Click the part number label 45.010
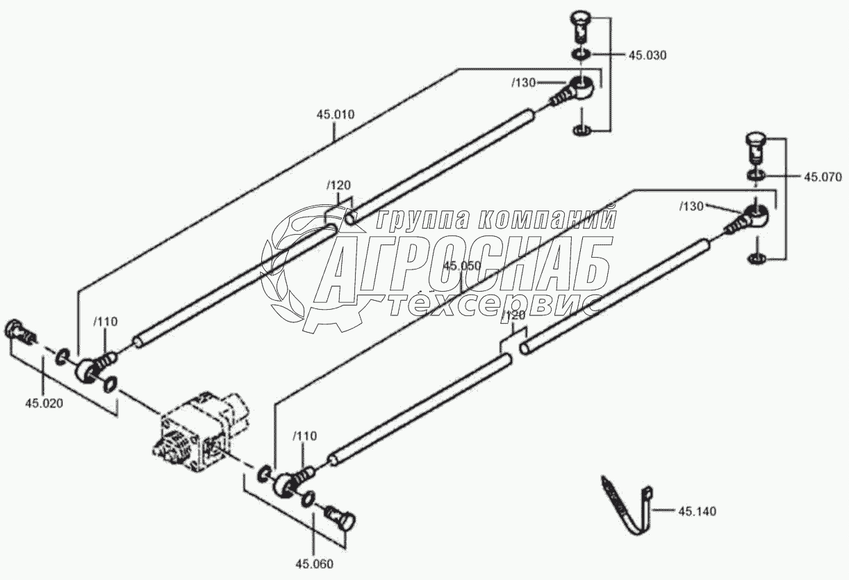pyautogui.click(x=336, y=114)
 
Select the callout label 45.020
pyautogui.click(x=44, y=403)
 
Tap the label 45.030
pyautogui.click(x=648, y=56)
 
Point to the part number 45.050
pyautogui.click(x=462, y=266)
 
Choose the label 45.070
pyautogui.click(x=823, y=177)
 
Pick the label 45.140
pyautogui.click(x=697, y=512)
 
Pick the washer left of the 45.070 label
pyautogui.click(x=757, y=174)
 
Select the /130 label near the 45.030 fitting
pyautogui.click(x=523, y=83)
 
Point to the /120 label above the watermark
pyautogui.click(x=338, y=185)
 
